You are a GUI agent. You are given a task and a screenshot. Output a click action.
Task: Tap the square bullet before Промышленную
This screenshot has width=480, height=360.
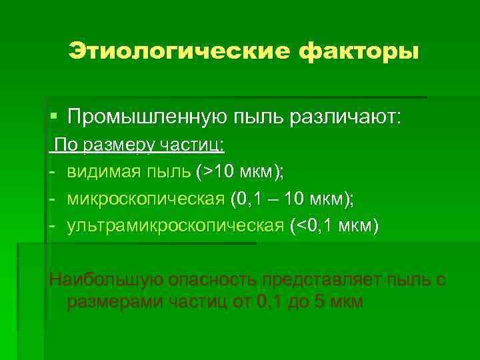[54, 117]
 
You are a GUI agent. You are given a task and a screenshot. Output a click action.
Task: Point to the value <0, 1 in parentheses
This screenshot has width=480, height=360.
[319, 225]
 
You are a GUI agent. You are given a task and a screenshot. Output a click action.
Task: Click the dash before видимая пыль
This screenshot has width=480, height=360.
[51, 172]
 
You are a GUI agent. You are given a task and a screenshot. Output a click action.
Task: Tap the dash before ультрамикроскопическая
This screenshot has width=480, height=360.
[51, 225]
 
